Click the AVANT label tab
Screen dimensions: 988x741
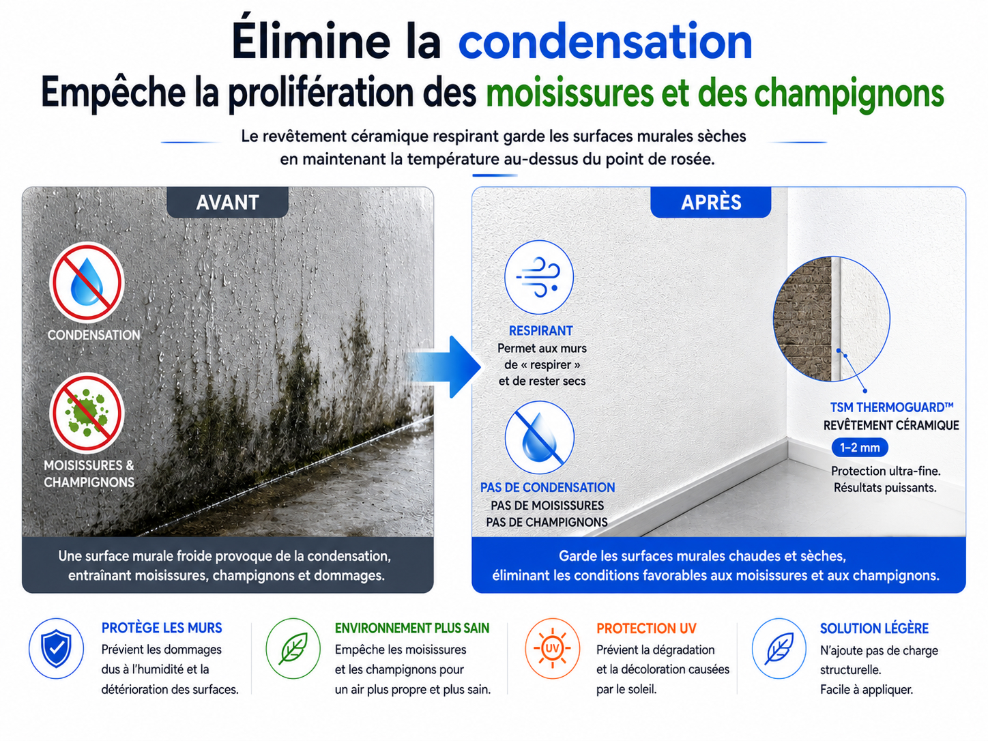[227, 202]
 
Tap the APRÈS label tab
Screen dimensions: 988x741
[711, 202]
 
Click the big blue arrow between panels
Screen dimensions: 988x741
[444, 366]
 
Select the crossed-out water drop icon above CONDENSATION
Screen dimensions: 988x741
[87, 282]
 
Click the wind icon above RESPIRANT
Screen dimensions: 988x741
[539, 277]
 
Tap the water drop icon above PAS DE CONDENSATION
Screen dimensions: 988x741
[539, 437]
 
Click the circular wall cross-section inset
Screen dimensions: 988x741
[831, 319]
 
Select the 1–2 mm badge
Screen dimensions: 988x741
[860, 448]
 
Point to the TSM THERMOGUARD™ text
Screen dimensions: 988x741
[892, 407]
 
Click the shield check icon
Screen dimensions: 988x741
[56, 648]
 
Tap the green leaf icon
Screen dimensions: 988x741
[293, 648]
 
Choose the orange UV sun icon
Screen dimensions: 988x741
[552, 648]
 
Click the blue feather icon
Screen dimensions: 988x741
[779, 648]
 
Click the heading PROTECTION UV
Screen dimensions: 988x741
[646, 628]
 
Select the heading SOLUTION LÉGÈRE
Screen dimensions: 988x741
[874, 628]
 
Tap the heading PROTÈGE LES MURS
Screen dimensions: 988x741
[162, 628]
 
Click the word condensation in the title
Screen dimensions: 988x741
[605, 42]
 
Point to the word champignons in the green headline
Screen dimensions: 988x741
[849, 93]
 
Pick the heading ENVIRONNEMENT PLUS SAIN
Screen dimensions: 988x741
[412, 628]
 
